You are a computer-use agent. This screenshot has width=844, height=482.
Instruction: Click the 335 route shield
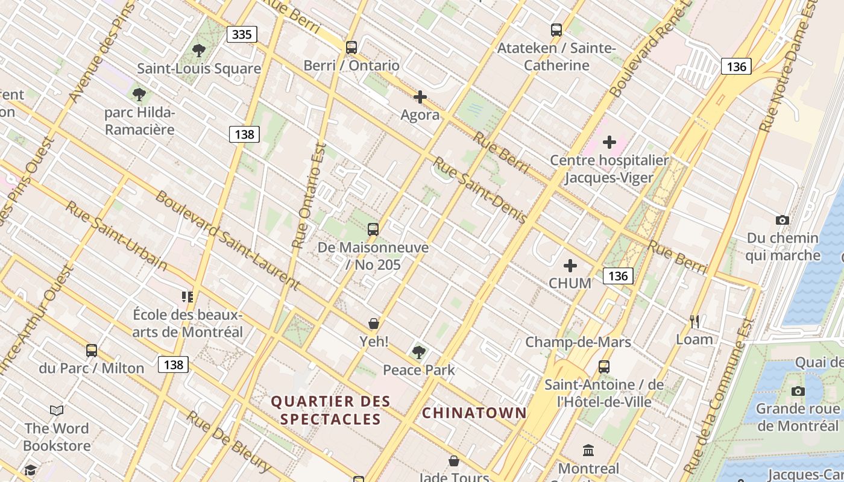tap(242, 34)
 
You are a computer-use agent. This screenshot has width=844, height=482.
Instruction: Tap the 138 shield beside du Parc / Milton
tap(174, 365)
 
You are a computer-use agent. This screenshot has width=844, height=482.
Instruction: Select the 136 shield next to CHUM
tap(618, 276)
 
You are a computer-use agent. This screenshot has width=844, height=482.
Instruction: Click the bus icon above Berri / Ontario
tap(351, 47)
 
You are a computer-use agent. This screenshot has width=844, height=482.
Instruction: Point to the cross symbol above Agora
tap(420, 97)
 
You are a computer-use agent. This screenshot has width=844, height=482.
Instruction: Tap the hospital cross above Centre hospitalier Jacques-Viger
tap(609, 142)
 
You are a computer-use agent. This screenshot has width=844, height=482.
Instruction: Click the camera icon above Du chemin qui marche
tap(783, 221)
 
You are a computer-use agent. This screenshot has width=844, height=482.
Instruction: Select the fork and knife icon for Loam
tap(694, 321)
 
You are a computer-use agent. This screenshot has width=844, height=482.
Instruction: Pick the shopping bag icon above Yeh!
tap(374, 324)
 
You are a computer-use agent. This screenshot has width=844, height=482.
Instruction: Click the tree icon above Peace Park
tap(419, 352)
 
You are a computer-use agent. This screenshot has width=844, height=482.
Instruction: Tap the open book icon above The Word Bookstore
tap(57, 411)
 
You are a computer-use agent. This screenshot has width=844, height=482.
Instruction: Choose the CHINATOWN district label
tap(474, 413)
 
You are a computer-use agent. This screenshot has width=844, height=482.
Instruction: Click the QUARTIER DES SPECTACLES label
tap(331, 410)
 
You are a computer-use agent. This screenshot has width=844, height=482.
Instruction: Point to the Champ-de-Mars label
tap(578, 342)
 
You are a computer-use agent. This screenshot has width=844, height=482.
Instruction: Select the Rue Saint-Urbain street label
tap(116, 235)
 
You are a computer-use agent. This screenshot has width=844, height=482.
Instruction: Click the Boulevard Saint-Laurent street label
tap(227, 240)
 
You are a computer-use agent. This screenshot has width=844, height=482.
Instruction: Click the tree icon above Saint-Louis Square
tap(199, 51)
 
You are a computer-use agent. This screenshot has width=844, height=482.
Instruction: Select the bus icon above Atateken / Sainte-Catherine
tap(556, 30)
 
